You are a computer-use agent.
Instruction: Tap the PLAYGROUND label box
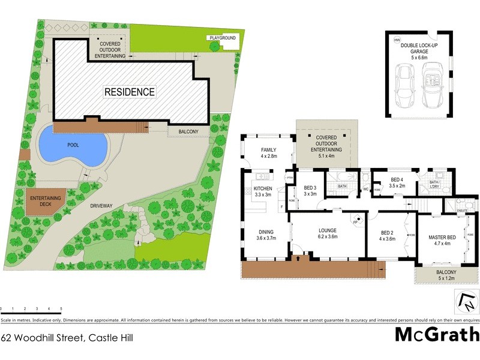tap(223, 38)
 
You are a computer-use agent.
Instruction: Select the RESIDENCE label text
tap(130, 92)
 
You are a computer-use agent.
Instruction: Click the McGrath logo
tap(437, 334)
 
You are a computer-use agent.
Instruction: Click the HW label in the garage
tap(396, 40)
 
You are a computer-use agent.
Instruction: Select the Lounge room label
tap(327, 233)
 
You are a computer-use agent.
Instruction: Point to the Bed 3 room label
tap(310, 190)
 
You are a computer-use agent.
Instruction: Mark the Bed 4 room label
tap(397, 183)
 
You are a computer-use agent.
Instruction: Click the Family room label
tap(267, 152)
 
